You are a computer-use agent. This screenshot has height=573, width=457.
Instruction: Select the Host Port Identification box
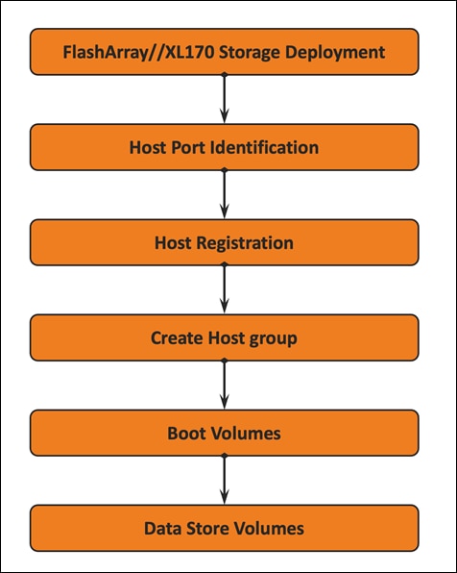[224, 148]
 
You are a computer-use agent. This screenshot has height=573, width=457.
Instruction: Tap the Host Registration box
[224, 242]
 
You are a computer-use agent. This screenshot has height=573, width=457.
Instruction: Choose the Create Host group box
[224, 337]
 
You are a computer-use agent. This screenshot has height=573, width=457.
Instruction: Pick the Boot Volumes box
[224, 433]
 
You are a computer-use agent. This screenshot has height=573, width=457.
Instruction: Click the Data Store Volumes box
[224, 528]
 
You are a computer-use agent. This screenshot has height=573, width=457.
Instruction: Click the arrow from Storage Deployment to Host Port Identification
[224, 100]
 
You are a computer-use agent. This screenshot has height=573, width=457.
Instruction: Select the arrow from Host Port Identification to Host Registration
[224, 195]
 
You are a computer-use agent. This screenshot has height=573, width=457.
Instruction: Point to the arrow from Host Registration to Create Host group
[224, 290]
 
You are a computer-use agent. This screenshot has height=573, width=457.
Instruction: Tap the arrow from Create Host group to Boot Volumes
[224, 386]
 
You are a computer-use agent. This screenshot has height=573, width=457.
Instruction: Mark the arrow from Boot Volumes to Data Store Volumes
[224, 481]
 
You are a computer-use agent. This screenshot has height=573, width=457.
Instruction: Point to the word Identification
[266, 148]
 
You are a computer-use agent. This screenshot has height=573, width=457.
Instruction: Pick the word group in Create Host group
[274, 338]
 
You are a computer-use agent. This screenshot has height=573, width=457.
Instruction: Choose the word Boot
[187, 434]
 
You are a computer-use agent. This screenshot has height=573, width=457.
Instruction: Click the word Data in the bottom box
[161, 528]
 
